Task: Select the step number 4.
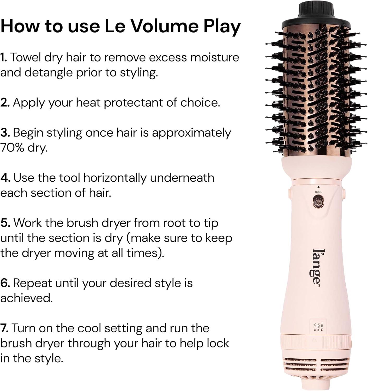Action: tap(5, 178)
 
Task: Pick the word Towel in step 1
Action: tap(27, 58)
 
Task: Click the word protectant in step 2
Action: tap(133, 103)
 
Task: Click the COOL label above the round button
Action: tap(318, 192)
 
